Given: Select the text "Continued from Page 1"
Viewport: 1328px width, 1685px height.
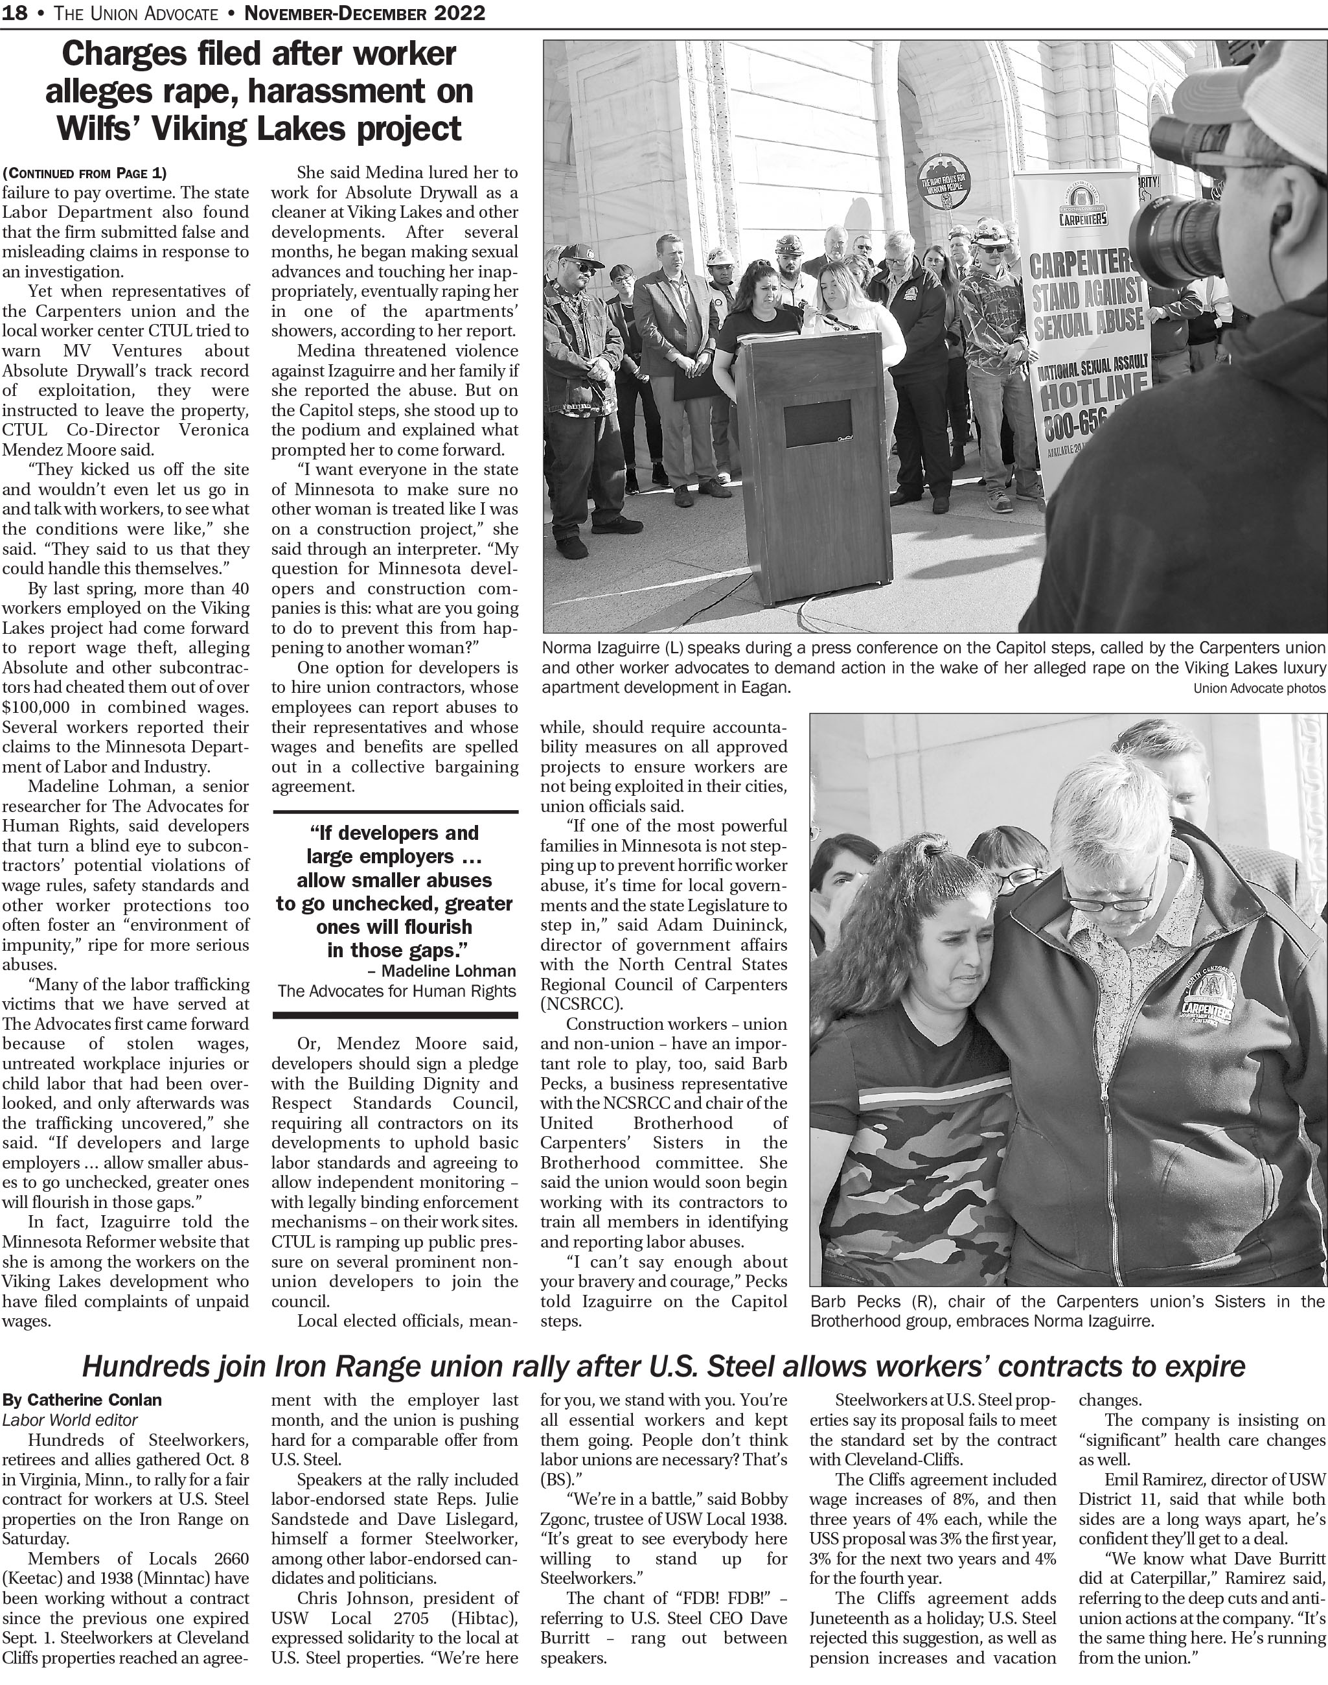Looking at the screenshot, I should (x=84, y=172).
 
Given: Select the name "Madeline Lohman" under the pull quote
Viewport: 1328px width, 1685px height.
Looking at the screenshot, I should (x=449, y=971).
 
